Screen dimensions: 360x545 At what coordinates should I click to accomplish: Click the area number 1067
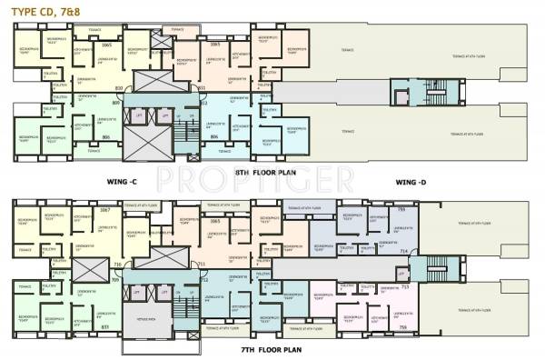[104, 210]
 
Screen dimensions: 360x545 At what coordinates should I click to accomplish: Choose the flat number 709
[115, 280]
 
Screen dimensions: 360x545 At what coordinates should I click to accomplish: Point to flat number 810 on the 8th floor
[118, 87]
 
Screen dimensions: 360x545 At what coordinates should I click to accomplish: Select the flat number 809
[115, 103]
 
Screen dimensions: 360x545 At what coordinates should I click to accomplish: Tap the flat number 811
[202, 87]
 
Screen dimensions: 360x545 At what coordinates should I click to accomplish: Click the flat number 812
[203, 103]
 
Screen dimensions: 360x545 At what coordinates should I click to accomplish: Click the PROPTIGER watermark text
[272, 174]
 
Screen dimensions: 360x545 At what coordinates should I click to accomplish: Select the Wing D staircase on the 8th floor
[401, 97]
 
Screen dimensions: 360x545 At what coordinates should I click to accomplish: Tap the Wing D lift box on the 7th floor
[401, 272]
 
